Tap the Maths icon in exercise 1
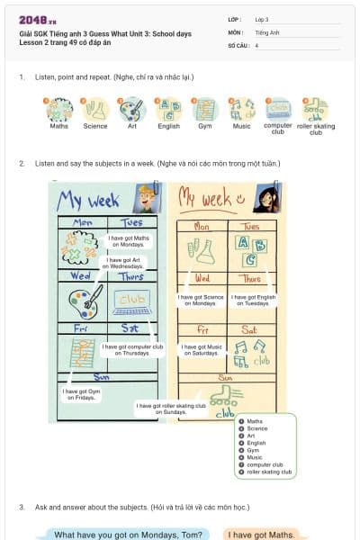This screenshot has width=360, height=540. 58,110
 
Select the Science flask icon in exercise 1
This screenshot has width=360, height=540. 94,110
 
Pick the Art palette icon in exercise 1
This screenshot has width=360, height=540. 132,110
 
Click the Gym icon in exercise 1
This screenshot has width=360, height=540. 205,110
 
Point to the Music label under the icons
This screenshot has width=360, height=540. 241,126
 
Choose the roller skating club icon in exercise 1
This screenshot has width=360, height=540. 315,110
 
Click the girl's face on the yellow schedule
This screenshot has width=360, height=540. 270,196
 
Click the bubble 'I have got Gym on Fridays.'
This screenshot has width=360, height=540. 82,394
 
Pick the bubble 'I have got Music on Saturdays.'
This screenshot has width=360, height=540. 201,349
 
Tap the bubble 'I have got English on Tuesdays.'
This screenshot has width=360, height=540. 253,300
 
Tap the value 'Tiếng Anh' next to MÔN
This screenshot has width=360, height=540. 267,31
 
